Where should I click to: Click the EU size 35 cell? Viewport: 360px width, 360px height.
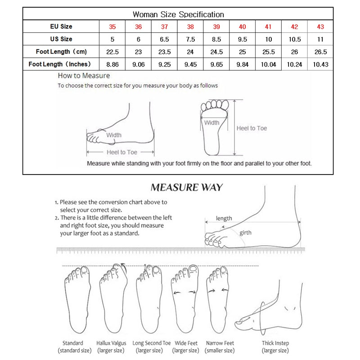coord(113,27)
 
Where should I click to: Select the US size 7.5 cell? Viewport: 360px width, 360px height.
coord(191,39)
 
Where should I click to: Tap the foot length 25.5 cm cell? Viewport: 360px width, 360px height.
coord(268,52)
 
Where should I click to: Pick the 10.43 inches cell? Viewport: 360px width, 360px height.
coord(320,64)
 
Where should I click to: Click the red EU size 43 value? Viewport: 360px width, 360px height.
coord(320,27)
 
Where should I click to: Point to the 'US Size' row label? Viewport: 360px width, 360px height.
coord(61,39)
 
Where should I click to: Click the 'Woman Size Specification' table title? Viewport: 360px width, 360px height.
coord(179,14)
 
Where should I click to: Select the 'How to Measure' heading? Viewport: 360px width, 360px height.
coord(84,76)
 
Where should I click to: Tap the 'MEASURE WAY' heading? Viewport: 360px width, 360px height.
coord(187,187)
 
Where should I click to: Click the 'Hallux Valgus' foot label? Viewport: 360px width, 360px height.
coord(111,343)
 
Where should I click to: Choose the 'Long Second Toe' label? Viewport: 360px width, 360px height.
coord(152,343)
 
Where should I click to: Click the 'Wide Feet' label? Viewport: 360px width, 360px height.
coord(185,343)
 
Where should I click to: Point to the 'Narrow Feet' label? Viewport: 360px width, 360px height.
coord(220,343)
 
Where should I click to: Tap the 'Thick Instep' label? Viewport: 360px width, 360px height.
coord(275,343)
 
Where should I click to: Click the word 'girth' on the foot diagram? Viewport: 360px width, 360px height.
coord(246,233)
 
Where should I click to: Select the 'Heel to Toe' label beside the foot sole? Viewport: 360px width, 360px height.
coord(252,128)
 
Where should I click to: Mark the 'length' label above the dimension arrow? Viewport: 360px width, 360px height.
coord(224,218)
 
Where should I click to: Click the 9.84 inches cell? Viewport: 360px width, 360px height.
coord(243,64)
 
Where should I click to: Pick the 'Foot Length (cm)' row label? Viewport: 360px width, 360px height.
coord(61,52)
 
